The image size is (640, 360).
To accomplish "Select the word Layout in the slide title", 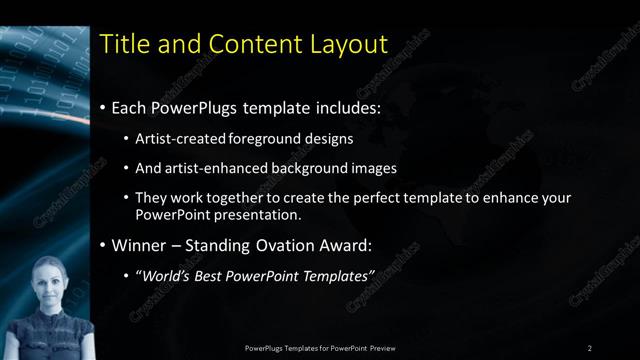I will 346,43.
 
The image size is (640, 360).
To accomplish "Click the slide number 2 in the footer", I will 590,347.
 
